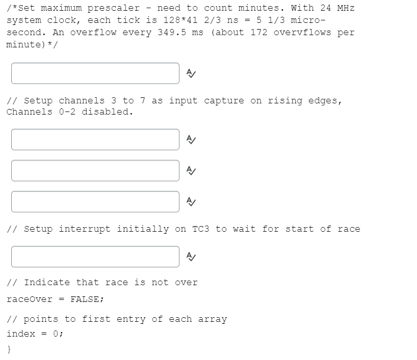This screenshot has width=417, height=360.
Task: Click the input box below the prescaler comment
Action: [x=95, y=73]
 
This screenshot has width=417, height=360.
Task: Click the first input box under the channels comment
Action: [x=95, y=140]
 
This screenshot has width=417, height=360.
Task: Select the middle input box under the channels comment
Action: [x=95, y=171]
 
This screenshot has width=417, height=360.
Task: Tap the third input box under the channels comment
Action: [x=95, y=202]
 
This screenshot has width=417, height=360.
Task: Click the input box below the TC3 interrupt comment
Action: [x=95, y=257]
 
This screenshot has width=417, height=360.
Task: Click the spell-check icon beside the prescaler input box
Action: [x=191, y=73]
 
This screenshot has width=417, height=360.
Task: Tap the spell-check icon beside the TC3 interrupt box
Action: [x=191, y=257]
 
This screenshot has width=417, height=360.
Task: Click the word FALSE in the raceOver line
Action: [x=85, y=299]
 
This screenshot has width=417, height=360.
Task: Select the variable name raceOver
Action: [x=30, y=299]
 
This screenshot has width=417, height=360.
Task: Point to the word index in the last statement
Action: [x=21, y=334]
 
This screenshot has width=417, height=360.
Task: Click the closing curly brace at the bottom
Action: [x=9, y=349]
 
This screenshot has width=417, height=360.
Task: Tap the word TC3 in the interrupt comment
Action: [x=201, y=229]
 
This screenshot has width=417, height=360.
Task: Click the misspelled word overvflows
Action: [x=302, y=33]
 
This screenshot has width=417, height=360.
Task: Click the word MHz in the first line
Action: [x=346, y=8]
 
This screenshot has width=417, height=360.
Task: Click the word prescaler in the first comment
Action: [x=114, y=8]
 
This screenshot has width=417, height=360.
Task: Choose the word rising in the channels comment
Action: [x=285, y=101]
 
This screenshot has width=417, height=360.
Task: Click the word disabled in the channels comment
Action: [x=107, y=112]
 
